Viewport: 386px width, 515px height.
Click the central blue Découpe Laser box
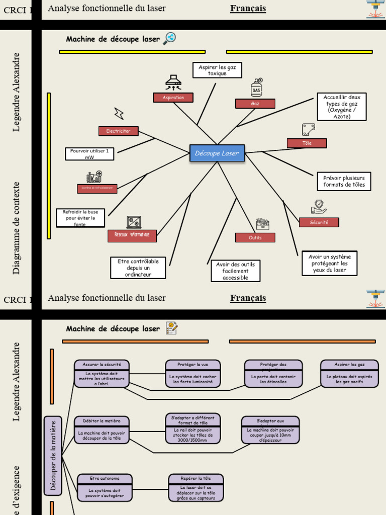(217, 153)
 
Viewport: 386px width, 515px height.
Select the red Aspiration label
(173, 98)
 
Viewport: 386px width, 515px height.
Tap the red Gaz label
(255, 104)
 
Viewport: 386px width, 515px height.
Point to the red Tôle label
(307, 143)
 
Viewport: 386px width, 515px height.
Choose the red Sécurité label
(319, 222)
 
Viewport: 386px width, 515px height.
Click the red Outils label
(255, 237)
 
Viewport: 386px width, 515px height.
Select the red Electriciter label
(118, 131)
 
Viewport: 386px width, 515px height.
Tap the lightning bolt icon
(119, 113)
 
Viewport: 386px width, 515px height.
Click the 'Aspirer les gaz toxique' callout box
(217, 70)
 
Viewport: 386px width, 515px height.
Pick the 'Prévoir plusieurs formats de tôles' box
(344, 182)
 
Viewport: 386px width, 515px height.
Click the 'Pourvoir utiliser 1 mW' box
(89, 154)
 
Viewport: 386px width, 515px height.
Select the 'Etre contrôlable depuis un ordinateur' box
(138, 268)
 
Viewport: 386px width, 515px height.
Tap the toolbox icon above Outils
(262, 224)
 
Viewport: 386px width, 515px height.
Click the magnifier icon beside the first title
(170, 38)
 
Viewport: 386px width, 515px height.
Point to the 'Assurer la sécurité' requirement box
(102, 374)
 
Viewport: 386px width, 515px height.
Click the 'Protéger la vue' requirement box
(192, 374)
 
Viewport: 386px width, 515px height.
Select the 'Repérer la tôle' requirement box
(196, 488)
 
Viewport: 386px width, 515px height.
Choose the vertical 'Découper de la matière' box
(53, 456)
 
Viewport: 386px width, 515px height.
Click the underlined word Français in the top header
(248, 9)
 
